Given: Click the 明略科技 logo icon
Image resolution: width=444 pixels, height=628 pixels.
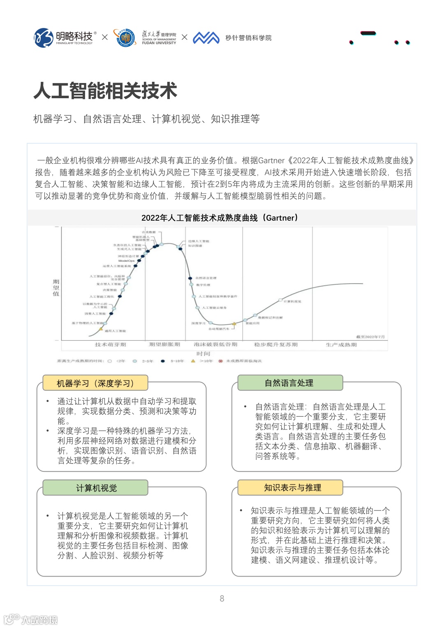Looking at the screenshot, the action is [x=44, y=38].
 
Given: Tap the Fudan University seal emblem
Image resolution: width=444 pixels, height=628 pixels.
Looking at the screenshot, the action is [x=125, y=38].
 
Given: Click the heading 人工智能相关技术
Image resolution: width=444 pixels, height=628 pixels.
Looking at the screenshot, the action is [x=105, y=91].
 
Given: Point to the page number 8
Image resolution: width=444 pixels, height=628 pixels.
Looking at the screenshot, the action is [x=222, y=598].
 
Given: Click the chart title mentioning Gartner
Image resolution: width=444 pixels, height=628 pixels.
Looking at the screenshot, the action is [x=220, y=218].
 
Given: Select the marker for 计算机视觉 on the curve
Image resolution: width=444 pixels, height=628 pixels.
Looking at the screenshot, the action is [x=280, y=300].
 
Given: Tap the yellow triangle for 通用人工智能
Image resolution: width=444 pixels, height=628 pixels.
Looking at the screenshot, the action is [x=101, y=329].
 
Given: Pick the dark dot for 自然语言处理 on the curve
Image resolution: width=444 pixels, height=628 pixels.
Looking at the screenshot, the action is [x=190, y=278].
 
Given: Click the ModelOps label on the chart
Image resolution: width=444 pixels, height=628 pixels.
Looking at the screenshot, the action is [x=126, y=261].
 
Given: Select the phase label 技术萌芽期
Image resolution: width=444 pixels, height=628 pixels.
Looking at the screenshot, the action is [x=110, y=344].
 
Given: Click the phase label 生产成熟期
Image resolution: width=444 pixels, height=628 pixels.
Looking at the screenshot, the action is [x=341, y=344].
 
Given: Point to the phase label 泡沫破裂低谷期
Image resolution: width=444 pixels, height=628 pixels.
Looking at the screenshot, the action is [x=215, y=344].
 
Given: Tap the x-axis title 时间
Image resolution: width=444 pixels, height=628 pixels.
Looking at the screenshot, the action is [x=203, y=353].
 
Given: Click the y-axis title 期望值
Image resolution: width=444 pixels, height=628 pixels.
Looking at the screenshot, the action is [x=56, y=288].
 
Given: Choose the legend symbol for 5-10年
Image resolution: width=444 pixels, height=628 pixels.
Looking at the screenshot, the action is [x=163, y=361].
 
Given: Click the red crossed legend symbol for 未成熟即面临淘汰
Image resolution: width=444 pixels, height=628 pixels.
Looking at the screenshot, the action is [x=221, y=361].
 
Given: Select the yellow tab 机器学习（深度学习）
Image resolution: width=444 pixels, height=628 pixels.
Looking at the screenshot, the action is [x=95, y=383].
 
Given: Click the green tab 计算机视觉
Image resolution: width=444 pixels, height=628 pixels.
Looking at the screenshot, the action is [x=96, y=488].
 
